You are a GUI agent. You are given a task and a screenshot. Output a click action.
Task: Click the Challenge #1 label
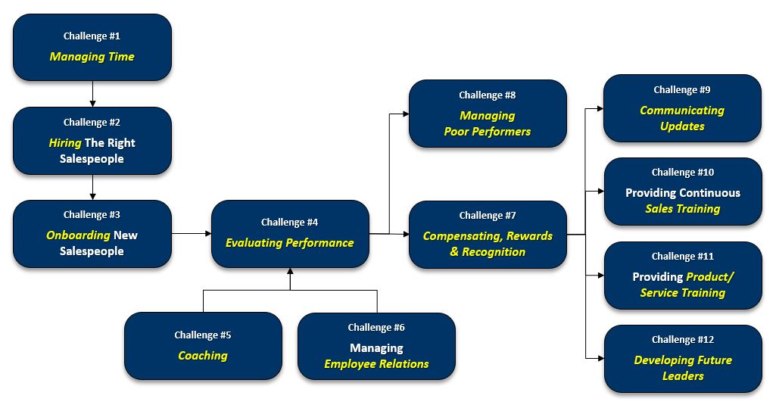[x=92, y=36]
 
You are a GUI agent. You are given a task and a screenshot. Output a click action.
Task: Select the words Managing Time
[x=92, y=57]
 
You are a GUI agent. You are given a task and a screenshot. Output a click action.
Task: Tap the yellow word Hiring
[x=65, y=142]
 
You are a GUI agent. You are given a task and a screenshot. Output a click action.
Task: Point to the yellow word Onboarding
[x=78, y=235]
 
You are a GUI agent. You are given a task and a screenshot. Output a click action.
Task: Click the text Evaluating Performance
[x=289, y=243]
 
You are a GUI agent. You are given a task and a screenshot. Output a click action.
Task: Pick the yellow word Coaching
[x=203, y=355]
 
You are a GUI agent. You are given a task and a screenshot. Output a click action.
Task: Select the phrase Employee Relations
[x=376, y=364]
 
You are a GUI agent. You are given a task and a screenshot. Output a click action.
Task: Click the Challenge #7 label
[x=488, y=215]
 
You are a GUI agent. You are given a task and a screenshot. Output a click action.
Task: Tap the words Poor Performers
[x=488, y=132]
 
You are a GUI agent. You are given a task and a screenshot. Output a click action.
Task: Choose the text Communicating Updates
[x=682, y=118]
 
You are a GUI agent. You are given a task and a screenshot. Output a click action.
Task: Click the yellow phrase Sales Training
[x=683, y=209]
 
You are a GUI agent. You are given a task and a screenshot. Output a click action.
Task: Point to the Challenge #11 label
[x=683, y=256]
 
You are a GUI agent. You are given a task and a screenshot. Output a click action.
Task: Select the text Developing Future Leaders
[x=683, y=368]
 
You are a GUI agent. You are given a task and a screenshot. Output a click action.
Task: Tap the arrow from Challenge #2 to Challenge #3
[x=92, y=187]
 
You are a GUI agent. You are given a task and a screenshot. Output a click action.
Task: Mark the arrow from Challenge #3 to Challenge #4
[x=192, y=234]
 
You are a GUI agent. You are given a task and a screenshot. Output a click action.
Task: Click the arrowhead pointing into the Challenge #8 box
[x=405, y=114]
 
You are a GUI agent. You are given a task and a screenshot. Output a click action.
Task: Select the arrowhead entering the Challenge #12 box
[x=600, y=358]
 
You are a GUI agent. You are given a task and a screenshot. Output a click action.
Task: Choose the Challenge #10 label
[x=683, y=172]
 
